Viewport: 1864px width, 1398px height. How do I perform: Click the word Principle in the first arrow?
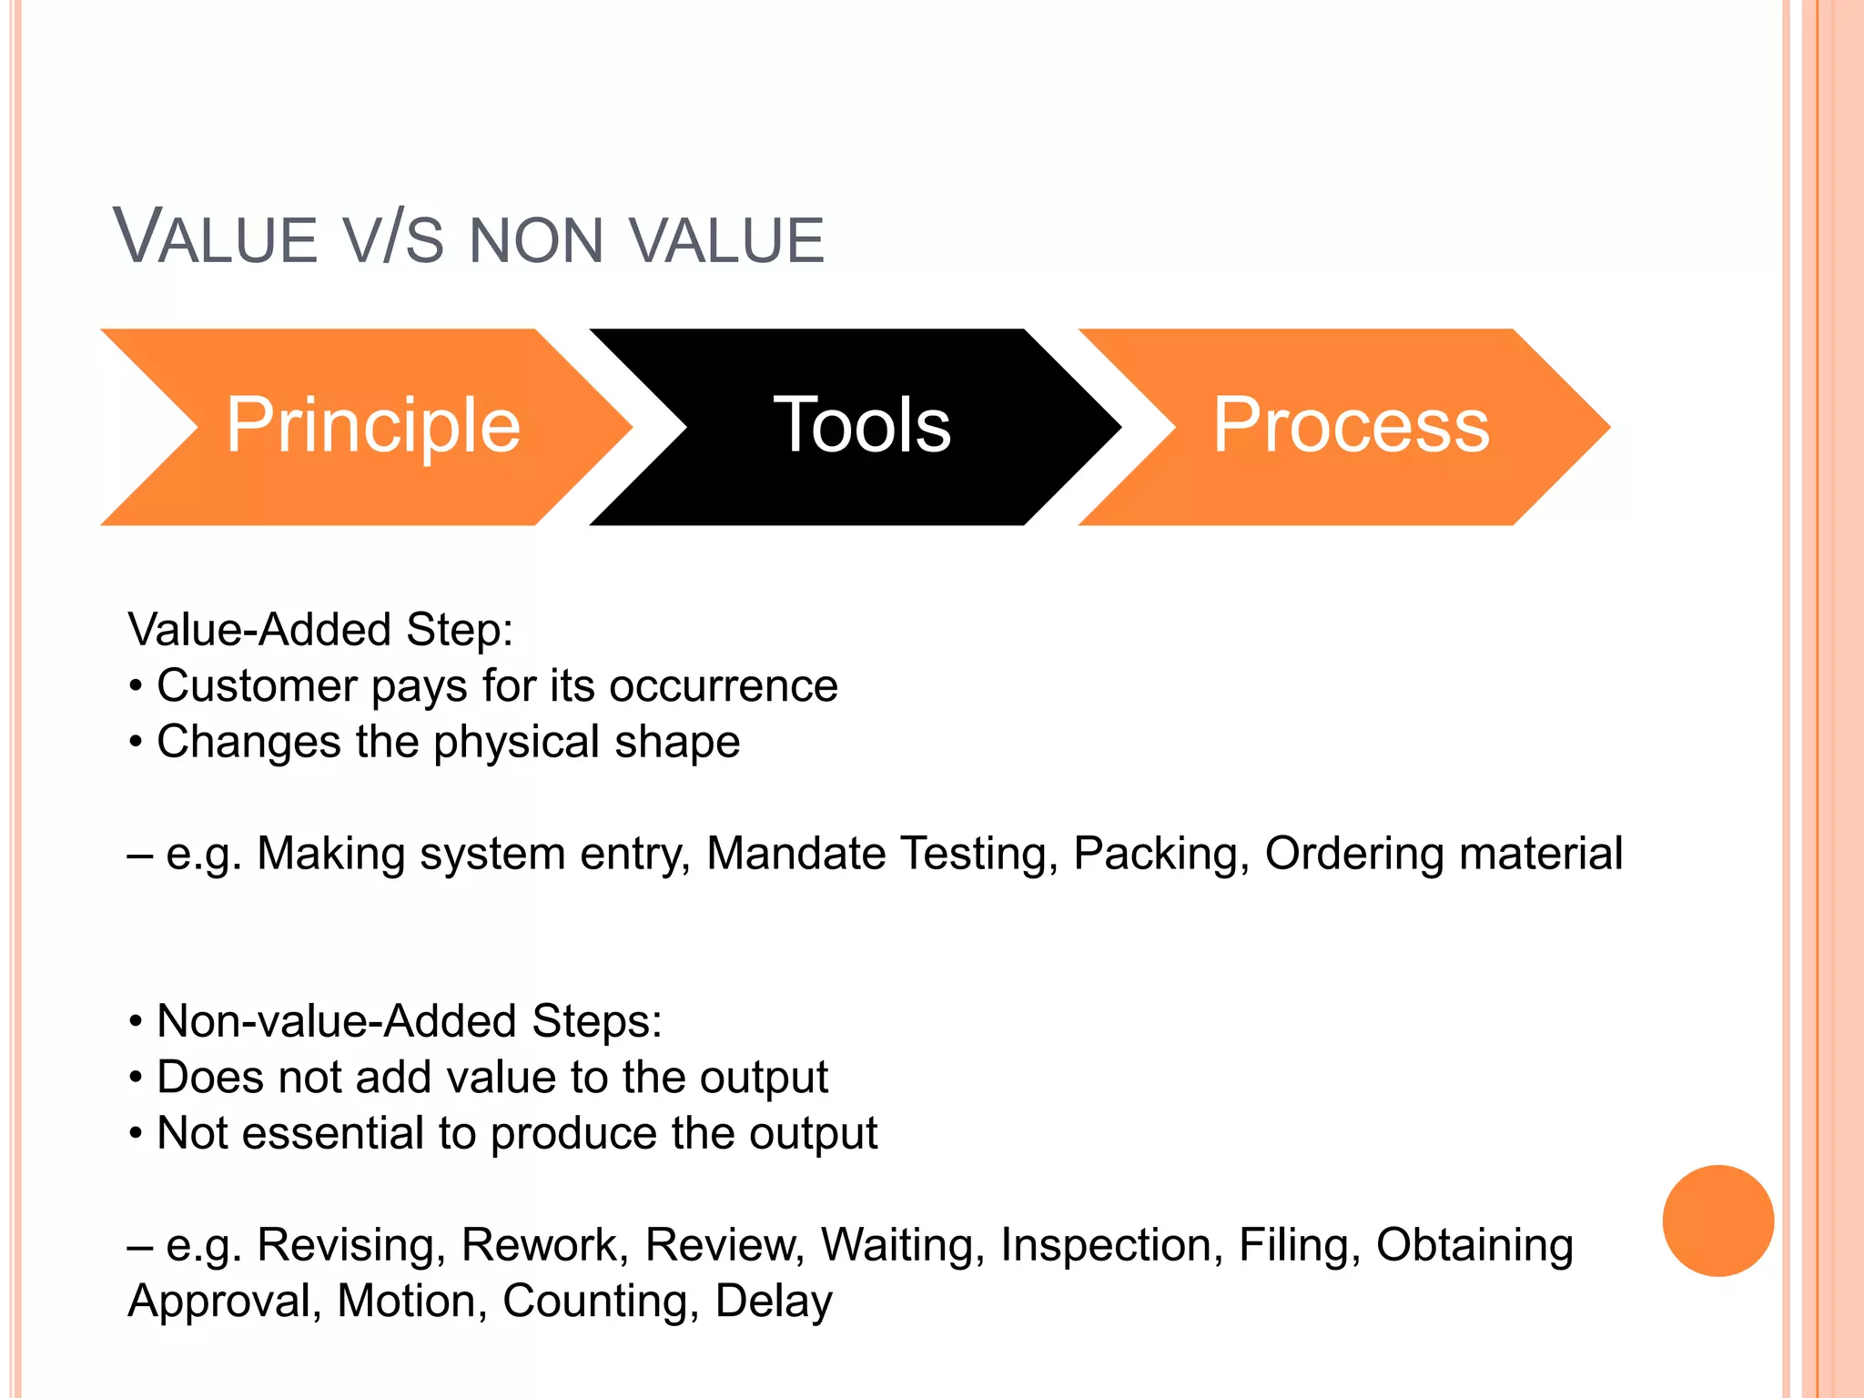[372, 425]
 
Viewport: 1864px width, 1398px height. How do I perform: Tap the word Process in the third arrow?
[1351, 425]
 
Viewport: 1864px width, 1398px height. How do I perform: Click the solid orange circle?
[1717, 1221]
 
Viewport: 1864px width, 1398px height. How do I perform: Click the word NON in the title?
[536, 241]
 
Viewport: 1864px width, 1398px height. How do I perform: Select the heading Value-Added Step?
[320, 630]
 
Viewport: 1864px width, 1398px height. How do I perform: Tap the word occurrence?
[723, 685]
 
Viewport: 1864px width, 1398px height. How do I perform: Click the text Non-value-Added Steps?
[409, 1021]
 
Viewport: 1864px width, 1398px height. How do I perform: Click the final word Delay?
[774, 1302]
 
